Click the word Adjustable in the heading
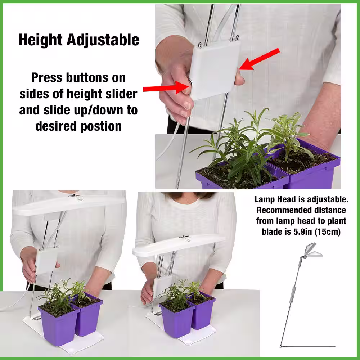[x=103, y=40]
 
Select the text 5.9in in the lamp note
[x=303, y=231]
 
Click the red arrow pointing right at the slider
[x=167, y=87]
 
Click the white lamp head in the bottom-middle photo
[x=179, y=245]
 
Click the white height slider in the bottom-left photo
[x=46, y=261]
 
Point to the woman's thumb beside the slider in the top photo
[x=239, y=78]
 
